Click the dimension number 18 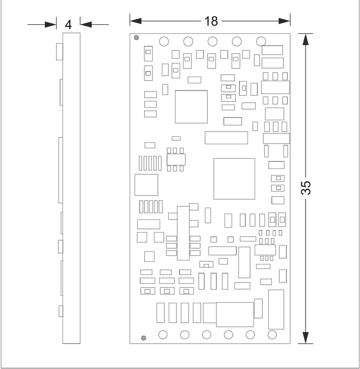coord(211,21)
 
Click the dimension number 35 coord(306,188)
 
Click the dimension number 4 coord(68,25)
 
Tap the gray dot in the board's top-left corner coord(136,38)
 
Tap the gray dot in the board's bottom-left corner coord(144,338)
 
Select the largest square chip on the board coord(234,179)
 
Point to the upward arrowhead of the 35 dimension coord(306,39)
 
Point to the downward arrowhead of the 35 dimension coord(306,338)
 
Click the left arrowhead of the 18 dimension coord(135,21)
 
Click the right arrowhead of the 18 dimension coord(284,21)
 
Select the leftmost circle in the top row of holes coord(164,41)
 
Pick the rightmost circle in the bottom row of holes coord(272,335)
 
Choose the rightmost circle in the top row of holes coord(261,41)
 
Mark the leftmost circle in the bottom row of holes coord(163,335)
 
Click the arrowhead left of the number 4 coord(50,24)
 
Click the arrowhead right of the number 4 coord(86,24)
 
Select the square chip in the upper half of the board coord(191,107)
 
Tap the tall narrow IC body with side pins coord(183,233)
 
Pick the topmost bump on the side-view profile coord(59,51)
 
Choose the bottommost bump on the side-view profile coord(61,311)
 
